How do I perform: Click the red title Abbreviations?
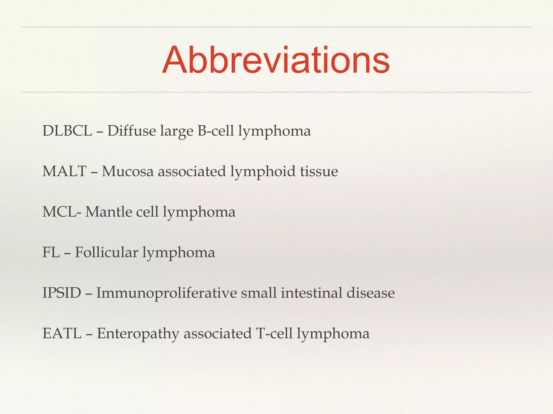tap(276, 60)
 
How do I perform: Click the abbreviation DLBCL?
tap(67, 131)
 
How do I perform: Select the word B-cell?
tap(215, 131)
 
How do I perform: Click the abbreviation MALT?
tap(64, 171)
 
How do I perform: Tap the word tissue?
tap(319, 171)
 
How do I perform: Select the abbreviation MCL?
tap(59, 212)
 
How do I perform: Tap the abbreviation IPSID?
tap(62, 293)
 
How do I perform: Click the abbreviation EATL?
tap(62, 333)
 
